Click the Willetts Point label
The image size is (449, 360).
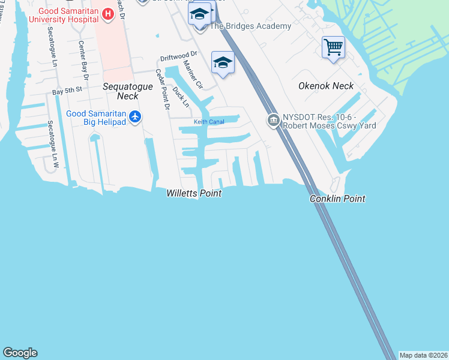(194, 193)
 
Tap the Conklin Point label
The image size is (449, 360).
(337, 199)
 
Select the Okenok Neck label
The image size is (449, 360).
(326, 86)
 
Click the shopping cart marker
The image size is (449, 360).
(333, 46)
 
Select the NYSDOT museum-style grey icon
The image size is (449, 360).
(273, 121)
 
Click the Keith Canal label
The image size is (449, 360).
(208, 122)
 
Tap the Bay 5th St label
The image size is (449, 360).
(67, 92)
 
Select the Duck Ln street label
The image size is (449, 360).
(180, 97)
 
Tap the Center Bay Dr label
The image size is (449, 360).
(83, 61)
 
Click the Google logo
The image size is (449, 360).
(20, 353)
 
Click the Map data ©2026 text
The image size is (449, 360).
(423, 355)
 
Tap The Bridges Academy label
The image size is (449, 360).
(250, 26)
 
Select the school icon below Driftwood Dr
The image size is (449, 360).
(223, 64)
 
